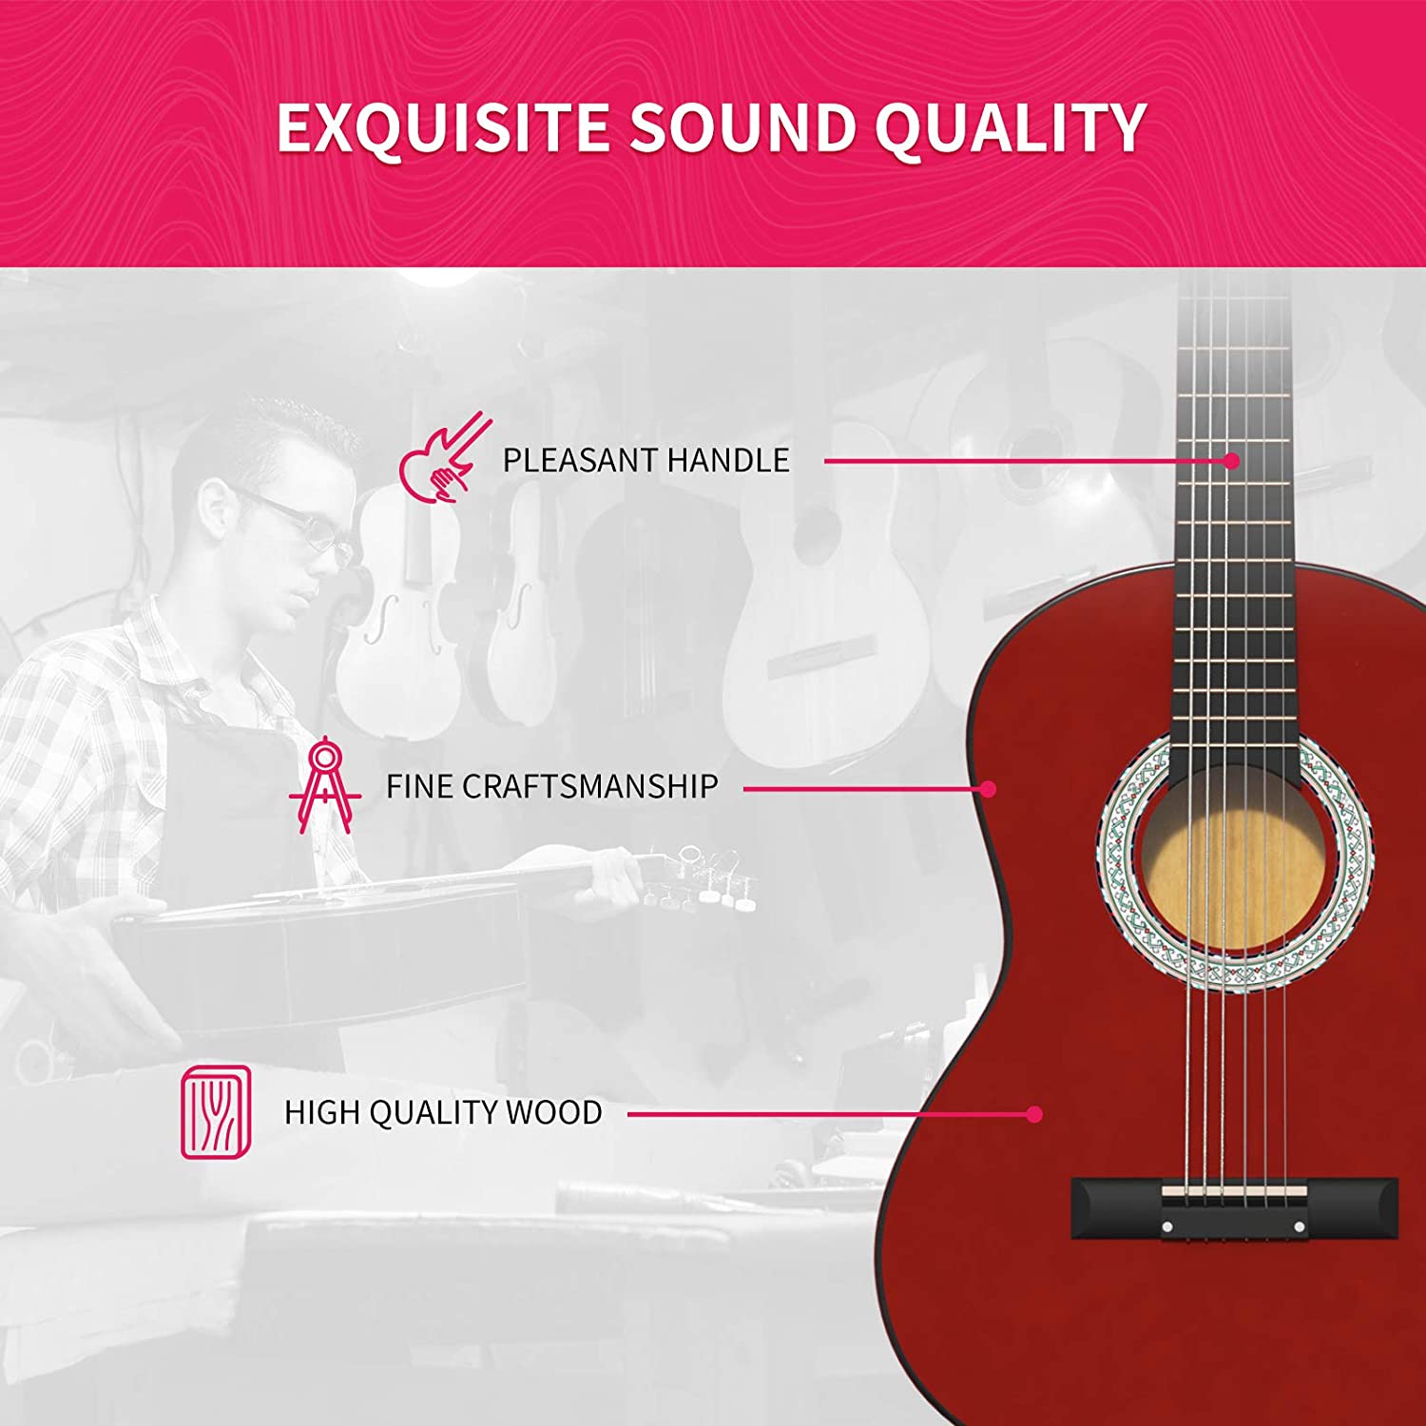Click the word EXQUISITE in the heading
point(443,127)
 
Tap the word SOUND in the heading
point(742,127)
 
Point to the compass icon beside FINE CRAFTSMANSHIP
point(325,784)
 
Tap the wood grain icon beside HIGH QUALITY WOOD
point(217,1112)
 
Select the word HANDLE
point(728,460)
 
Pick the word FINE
point(418,786)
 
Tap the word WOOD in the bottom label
point(554,1112)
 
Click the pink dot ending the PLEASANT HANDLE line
point(1232,461)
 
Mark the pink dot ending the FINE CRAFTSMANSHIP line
point(989,789)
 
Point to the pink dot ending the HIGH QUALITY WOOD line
point(1034,1114)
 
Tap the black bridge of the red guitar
point(1235,1207)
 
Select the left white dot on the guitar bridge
point(1167,1227)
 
